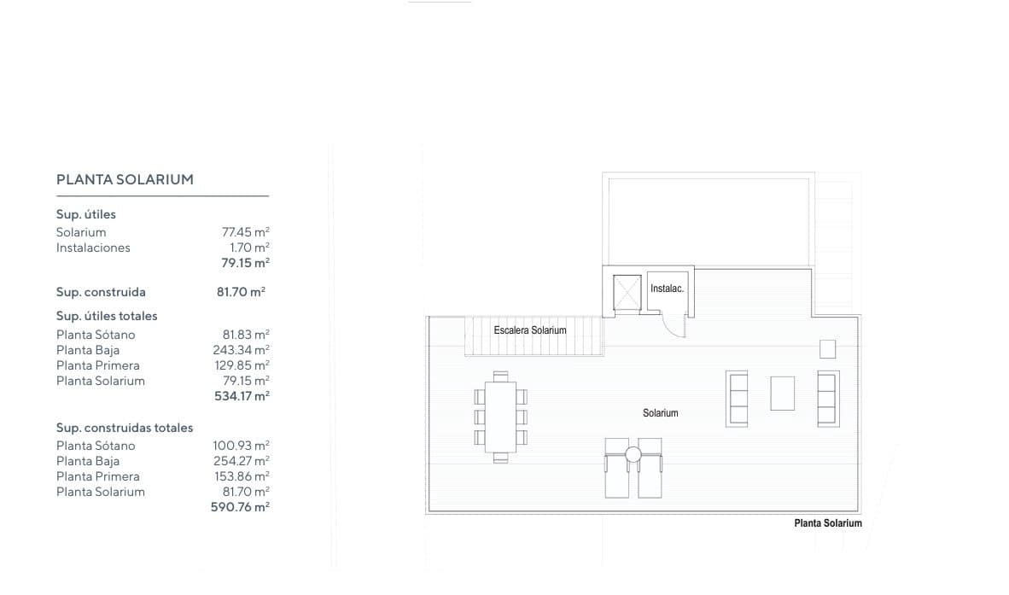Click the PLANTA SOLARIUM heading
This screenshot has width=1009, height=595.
point(125,179)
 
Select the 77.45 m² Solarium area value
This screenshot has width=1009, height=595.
point(245,232)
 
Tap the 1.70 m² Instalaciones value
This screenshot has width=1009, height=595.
point(249,248)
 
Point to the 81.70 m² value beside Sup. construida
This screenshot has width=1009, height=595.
point(241,292)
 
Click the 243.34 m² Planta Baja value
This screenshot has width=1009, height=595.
point(241,350)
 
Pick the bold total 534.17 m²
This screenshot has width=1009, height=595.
point(242,396)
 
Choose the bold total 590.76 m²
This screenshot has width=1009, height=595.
point(240,507)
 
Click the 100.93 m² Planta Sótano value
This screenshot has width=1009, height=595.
point(241,446)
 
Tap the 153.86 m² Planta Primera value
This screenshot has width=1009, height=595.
point(242,476)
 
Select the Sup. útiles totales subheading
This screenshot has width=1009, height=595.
point(107,316)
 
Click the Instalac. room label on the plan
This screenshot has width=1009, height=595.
point(667,289)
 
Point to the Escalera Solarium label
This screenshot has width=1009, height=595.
point(530,330)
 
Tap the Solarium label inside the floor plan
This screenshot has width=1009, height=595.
point(660,413)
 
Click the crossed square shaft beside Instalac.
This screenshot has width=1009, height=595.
point(627,292)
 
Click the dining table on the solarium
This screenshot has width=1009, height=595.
point(500,417)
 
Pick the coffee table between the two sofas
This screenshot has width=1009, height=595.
point(783,393)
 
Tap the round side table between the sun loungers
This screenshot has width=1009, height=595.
point(633,455)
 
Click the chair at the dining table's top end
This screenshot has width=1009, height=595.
point(500,376)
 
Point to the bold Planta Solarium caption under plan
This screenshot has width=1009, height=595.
point(828,523)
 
